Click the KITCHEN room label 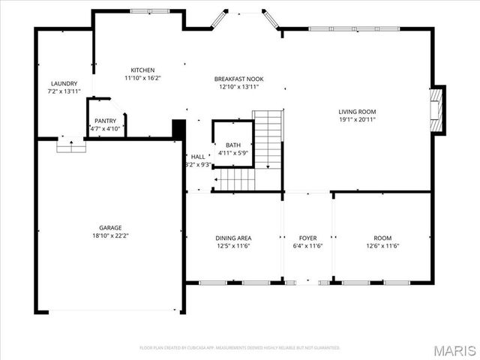(x=142, y=70)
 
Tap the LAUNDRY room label (x=64, y=83)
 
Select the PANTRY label (x=105, y=120)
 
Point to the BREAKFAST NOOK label (x=238, y=79)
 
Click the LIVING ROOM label (x=357, y=111)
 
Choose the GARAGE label (x=110, y=227)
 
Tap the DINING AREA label (x=232, y=238)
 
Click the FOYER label (x=307, y=238)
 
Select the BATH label (x=232, y=144)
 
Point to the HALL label (x=197, y=157)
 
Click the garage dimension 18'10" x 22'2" (x=110, y=235)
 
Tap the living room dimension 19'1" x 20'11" (x=357, y=119)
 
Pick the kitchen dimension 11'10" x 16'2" (x=142, y=77)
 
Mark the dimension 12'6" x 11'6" (x=382, y=246)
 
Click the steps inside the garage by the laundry (x=71, y=146)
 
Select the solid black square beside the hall (x=178, y=128)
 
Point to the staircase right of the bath (x=267, y=139)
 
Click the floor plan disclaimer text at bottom (x=240, y=348)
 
